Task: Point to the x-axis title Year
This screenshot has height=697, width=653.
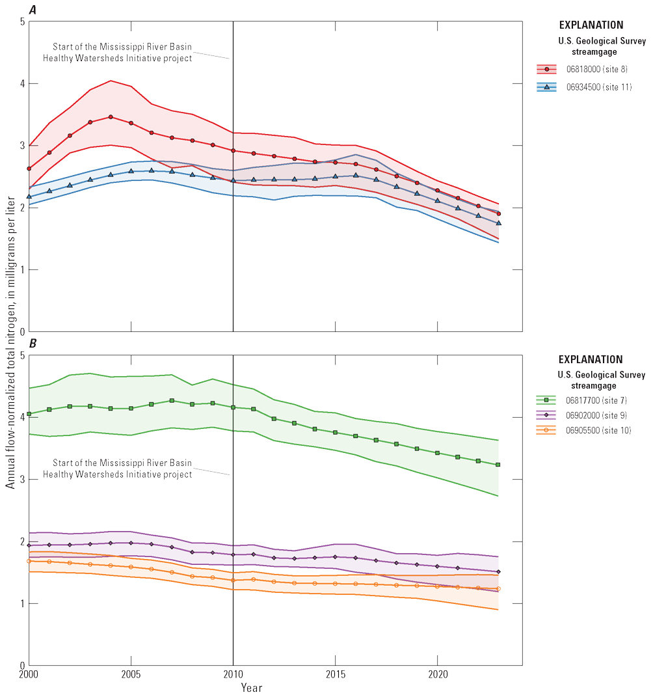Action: pyautogui.click(x=252, y=687)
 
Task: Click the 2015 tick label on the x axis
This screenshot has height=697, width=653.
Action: pyautogui.click(x=335, y=674)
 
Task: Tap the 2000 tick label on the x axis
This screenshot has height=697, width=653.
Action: pyautogui.click(x=29, y=674)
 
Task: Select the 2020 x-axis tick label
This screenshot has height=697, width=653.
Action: pyautogui.click(x=437, y=674)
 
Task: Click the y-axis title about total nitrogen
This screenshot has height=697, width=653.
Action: pyautogui.click(x=10, y=345)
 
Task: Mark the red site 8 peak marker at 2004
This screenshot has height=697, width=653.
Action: pyautogui.click(x=111, y=117)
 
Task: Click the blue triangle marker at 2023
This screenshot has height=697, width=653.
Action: pyautogui.click(x=499, y=223)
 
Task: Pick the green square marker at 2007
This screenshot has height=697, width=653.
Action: pyautogui.click(x=172, y=401)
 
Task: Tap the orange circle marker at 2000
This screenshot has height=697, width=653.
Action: pyautogui.click(x=29, y=561)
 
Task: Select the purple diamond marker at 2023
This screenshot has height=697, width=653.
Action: pyautogui.click(x=499, y=572)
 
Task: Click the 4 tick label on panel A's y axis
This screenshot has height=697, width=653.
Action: pyautogui.click(x=21, y=83)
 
